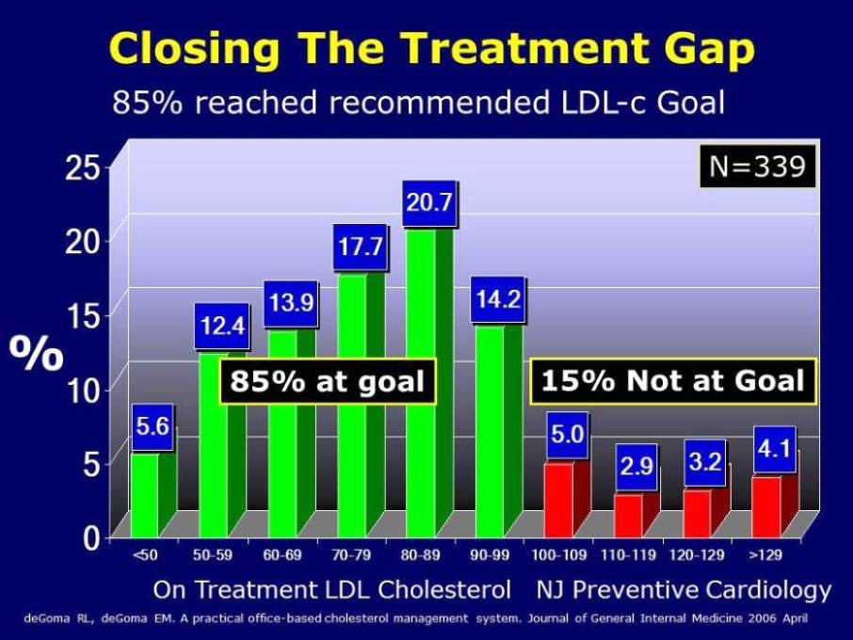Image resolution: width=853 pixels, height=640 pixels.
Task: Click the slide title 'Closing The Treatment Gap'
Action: (x=432, y=49)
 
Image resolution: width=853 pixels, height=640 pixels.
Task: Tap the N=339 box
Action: (x=757, y=167)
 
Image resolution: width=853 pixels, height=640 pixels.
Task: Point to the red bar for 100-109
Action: (x=558, y=499)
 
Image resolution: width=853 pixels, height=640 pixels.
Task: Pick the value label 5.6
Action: (x=153, y=427)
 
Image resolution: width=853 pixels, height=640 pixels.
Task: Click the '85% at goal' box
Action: (x=327, y=381)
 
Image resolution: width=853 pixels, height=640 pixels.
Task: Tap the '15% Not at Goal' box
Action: (x=672, y=380)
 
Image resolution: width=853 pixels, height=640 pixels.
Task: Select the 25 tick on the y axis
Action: (x=84, y=168)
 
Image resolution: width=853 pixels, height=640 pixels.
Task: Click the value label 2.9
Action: (x=636, y=467)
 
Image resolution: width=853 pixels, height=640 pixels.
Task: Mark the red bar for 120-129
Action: (x=698, y=511)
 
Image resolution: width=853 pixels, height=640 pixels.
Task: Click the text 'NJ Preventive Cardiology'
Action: (x=684, y=590)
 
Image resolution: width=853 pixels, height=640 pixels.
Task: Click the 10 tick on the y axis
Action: (x=84, y=389)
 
